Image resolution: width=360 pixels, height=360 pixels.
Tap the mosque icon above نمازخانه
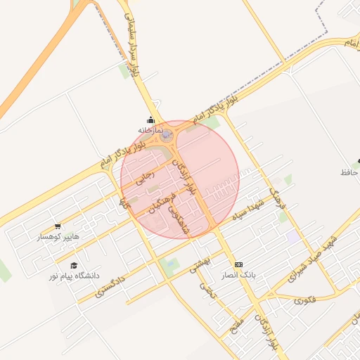(x=150, y=120)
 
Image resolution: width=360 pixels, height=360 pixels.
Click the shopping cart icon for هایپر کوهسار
(x=58, y=226)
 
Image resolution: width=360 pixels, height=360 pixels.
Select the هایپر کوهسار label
(x=59, y=237)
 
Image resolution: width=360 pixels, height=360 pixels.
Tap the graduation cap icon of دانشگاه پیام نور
(x=74, y=265)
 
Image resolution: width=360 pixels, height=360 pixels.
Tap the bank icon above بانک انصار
(x=238, y=264)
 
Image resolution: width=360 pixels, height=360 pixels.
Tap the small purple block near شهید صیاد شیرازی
(x=291, y=237)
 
